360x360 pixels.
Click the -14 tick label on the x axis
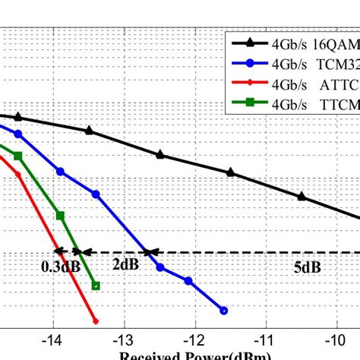52,339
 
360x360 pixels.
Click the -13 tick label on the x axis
123,339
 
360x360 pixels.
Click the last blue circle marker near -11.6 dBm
223,310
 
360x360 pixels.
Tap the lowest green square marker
96,286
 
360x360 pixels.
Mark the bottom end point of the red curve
95,321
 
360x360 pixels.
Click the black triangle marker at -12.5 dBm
160,154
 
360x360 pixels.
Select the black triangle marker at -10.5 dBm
302,197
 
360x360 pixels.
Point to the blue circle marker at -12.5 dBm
159,267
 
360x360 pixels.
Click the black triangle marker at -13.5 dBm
90,131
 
